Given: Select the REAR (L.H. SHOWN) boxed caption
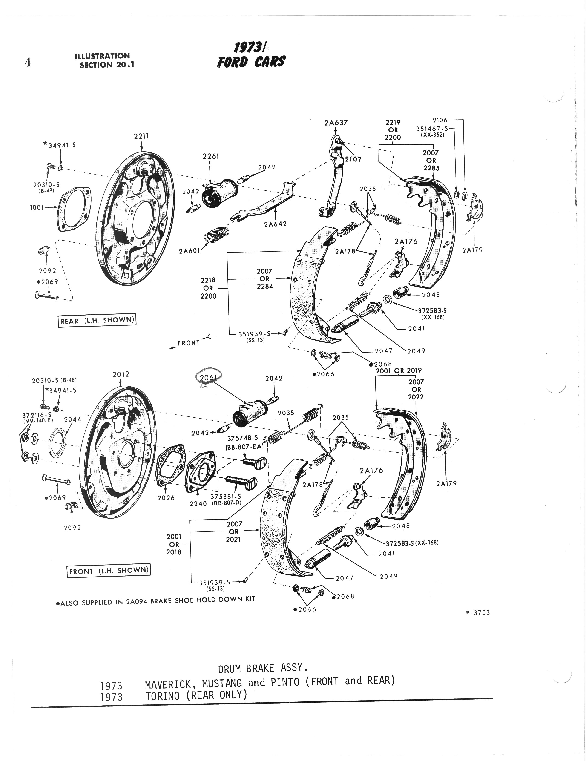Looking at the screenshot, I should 97,320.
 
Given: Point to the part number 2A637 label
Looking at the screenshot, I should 336,123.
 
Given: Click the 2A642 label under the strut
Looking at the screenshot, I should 275,224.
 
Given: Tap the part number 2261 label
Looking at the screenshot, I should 211,156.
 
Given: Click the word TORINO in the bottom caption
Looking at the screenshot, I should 163,695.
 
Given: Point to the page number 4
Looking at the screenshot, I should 28,62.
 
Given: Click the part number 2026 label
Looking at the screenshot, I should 166,498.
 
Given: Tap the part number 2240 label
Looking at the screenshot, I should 198,503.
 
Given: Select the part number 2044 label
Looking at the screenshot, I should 72,419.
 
